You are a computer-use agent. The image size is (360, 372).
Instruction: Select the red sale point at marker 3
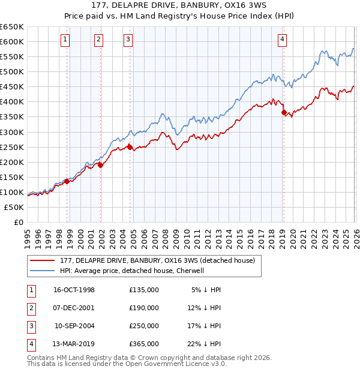pos(129,146)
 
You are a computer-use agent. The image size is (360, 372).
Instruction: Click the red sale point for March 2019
pos(283,112)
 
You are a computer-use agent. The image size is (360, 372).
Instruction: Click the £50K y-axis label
pos(14,207)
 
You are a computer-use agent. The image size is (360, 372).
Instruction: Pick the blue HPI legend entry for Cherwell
pos(132,271)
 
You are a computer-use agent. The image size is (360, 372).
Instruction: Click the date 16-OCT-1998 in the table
pos(74,290)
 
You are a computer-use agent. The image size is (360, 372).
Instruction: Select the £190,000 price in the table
pos(143,308)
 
